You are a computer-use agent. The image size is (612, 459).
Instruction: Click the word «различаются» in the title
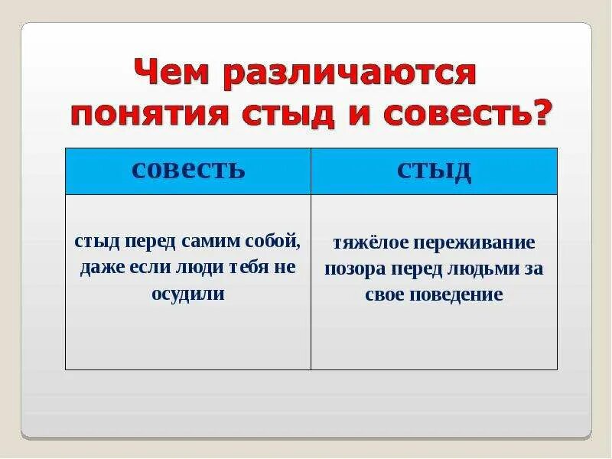click(347, 75)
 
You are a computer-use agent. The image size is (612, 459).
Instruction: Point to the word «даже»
click(103, 268)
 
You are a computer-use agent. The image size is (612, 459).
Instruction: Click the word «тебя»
click(245, 268)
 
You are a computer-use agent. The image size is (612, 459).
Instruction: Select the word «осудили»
click(188, 294)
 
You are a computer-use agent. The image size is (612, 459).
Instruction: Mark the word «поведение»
click(459, 295)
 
